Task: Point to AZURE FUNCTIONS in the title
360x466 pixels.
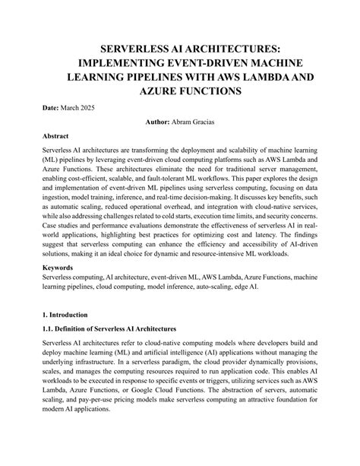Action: (x=179, y=91)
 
